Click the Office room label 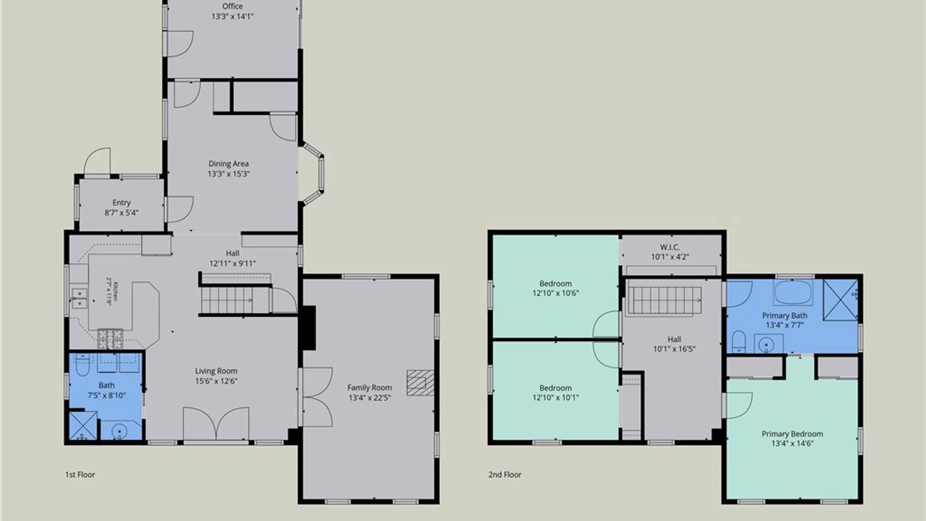coord(232,6)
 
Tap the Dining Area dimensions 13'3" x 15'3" coord(229,174)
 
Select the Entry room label coord(122,203)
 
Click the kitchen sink coord(79,298)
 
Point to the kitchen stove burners coord(110,338)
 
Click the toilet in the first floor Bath coord(82,365)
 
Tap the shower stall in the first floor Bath coord(82,425)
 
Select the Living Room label coord(216,371)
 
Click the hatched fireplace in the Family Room coord(420,383)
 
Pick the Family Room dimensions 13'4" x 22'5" coord(369,398)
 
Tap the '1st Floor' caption coord(80,475)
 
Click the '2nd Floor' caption coord(505,475)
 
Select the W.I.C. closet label coord(670,247)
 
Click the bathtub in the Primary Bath coord(793,292)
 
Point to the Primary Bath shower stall coord(840,300)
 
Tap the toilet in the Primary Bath coord(738,342)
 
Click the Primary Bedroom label coord(792,434)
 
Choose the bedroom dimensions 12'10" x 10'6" coord(556,293)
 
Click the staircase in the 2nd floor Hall coord(664,301)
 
